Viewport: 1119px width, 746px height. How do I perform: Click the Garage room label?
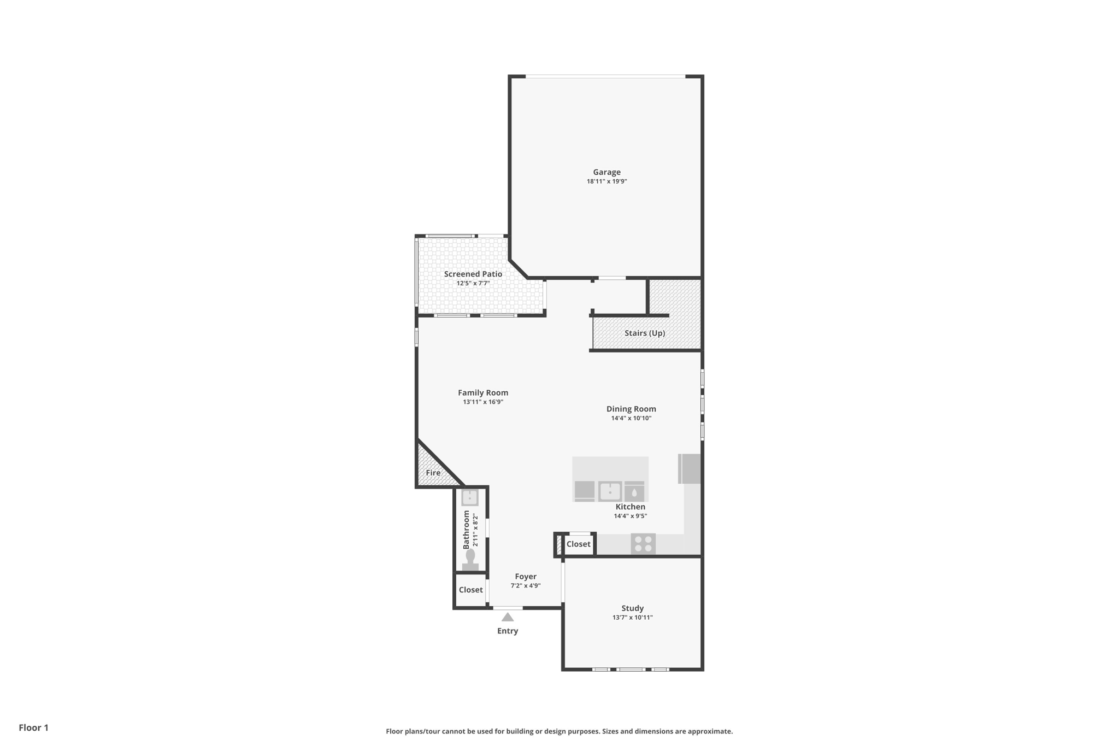tap(606, 172)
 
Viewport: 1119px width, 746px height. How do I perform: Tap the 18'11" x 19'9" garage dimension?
tap(606, 181)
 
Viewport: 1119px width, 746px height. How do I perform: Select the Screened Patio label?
tap(473, 274)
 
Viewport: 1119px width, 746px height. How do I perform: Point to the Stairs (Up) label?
tap(645, 333)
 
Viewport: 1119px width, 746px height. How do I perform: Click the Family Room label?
tap(483, 392)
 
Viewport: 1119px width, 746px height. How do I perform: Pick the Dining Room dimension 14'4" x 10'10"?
tap(631, 418)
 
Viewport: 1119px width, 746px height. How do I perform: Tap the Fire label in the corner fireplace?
tap(433, 473)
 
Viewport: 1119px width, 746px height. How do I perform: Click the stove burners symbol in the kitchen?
tap(643, 544)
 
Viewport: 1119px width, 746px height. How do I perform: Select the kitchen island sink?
tap(610, 491)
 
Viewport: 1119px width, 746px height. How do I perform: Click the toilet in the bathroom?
tap(470, 560)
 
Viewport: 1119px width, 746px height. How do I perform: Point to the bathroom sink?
tap(470, 497)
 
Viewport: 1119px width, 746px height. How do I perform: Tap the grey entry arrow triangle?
tap(508, 618)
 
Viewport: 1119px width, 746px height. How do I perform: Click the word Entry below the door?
tap(508, 631)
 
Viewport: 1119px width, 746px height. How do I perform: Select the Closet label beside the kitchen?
tap(578, 544)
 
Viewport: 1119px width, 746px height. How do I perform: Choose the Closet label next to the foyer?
tap(470, 590)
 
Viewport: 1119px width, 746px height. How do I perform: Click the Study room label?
tap(632, 608)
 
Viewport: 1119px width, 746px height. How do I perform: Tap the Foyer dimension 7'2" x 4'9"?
tap(526, 586)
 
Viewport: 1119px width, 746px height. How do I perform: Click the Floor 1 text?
tap(33, 727)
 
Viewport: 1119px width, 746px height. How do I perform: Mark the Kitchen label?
tap(630, 507)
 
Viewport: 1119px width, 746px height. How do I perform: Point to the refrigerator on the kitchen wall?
tap(690, 469)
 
